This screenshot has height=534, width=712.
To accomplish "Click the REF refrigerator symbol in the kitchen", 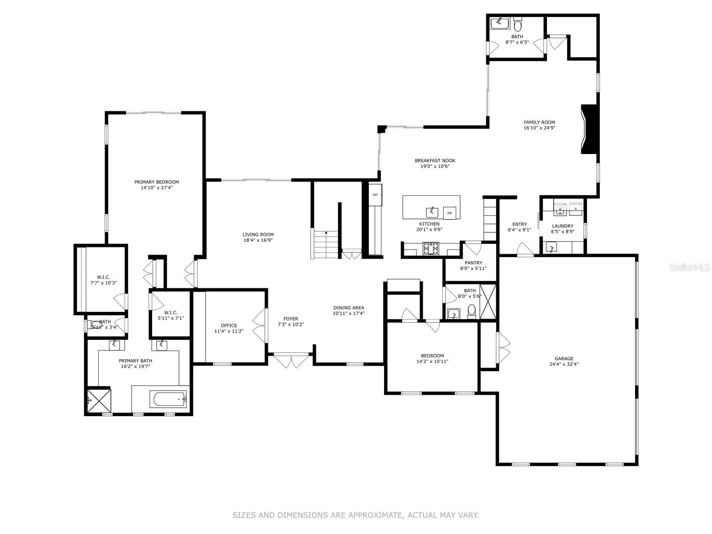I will (x=375, y=195).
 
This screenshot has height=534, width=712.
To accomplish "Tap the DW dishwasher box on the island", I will (x=449, y=213).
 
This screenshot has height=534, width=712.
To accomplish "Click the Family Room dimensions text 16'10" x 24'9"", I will (x=539, y=128).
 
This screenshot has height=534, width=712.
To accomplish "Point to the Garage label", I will (x=564, y=358).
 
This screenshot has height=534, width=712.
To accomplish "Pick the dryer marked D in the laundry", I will (x=576, y=208).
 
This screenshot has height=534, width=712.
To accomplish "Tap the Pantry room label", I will (x=473, y=263).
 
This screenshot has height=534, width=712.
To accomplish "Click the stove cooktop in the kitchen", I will (x=430, y=248).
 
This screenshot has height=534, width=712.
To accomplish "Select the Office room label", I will (x=229, y=325).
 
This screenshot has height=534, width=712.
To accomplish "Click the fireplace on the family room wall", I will (x=588, y=129).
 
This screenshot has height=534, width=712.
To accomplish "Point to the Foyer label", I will (x=291, y=319).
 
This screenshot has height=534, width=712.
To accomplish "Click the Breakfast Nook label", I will (x=435, y=161).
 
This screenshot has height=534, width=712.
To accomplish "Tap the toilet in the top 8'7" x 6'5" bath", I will (x=518, y=23).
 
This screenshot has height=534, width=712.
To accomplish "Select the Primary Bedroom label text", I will (x=157, y=182).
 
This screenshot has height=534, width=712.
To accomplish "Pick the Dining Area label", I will (x=348, y=307).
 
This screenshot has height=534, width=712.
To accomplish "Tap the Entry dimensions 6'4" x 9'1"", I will (x=519, y=230).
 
